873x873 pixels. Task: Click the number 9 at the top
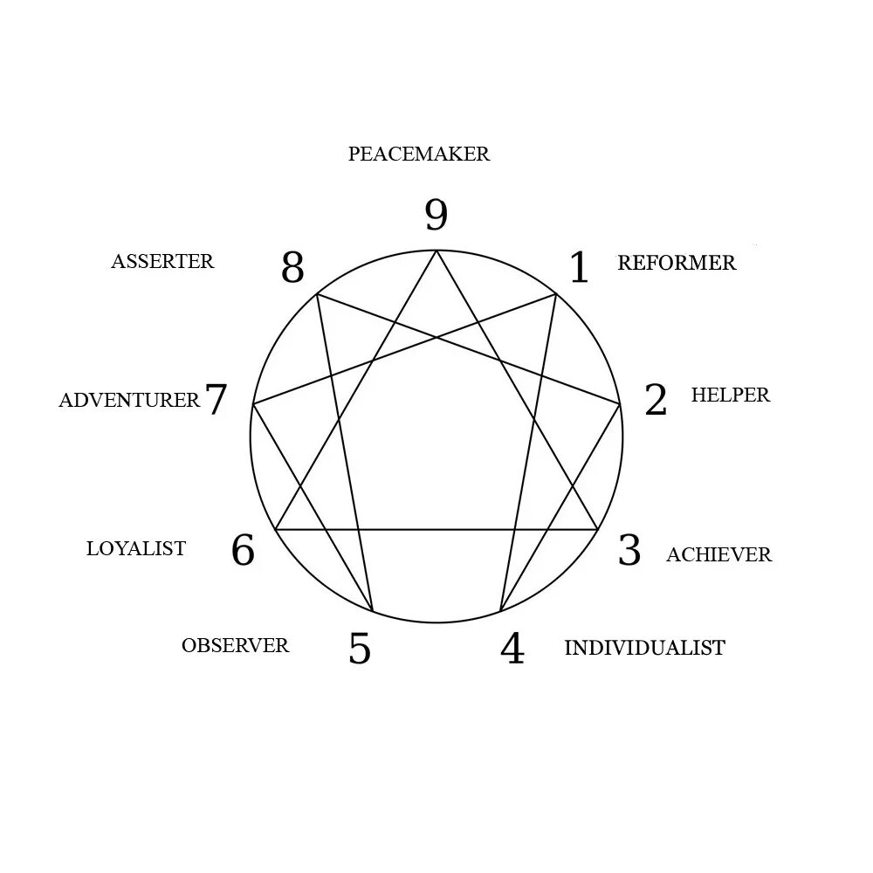coord(436,216)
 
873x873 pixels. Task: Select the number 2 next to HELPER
coord(656,400)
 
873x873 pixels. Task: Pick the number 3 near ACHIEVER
coord(629,550)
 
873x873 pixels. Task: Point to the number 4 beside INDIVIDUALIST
coord(512,649)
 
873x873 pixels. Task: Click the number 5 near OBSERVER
coord(360,649)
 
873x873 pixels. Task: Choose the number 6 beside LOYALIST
coord(243,550)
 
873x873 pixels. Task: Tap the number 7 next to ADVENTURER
coord(216,400)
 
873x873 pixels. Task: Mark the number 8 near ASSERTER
coord(292,268)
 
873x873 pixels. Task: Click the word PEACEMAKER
coord(419,155)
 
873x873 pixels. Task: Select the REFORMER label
coord(677,263)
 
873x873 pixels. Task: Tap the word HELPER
coord(731,395)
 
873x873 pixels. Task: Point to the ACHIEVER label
coord(718,554)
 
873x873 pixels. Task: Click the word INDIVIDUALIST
coord(644,648)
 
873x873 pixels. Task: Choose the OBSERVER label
coord(235,646)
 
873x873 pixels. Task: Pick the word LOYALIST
coord(136,548)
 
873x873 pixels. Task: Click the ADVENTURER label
coord(129,401)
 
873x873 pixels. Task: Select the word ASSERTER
coord(162,261)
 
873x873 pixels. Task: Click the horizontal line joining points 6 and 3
coord(436,529)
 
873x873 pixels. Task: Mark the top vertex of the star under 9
coord(436,251)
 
